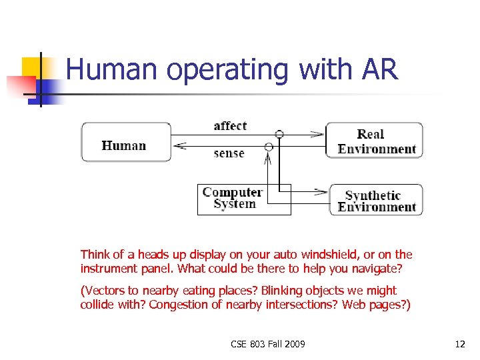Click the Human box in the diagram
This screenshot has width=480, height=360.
pyautogui.click(x=125, y=142)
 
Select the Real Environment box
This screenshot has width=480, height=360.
pyautogui.click(x=375, y=140)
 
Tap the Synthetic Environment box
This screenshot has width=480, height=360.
pyautogui.click(x=376, y=200)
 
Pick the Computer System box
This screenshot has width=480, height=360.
pyautogui.click(x=244, y=199)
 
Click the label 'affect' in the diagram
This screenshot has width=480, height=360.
pyautogui.click(x=230, y=126)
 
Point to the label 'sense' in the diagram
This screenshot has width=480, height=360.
pyautogui.click(x=229, y=153)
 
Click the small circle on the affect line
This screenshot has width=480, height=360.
pyautogui.click(x=279, y=134)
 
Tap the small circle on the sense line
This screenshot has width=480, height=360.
pyautogui.click(x=269, y=146)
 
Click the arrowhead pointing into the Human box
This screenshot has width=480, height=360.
pyautogui.click(x=178, y=146)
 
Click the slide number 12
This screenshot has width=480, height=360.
pyautogui.click(x=459, y=344)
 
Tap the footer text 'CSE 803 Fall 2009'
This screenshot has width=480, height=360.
pyautogui.click(x=268, y=344)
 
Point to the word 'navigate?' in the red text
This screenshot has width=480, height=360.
pyautogui.click(x=381, y=269)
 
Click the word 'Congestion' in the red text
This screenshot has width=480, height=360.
pyautogui.click(x=178, y=305)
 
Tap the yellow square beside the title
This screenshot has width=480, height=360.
pyautogui.click(x=33, y=68)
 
